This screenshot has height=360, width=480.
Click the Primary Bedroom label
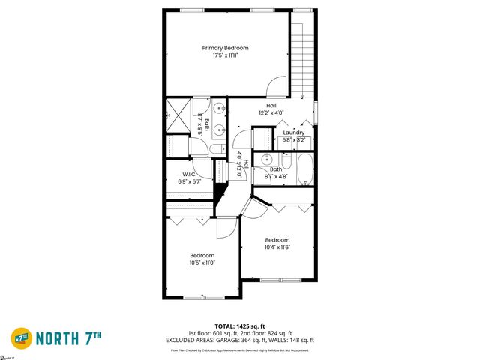click(225, 48)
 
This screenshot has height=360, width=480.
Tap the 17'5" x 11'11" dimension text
click(225, 55)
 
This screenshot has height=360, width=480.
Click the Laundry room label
click(293, 133)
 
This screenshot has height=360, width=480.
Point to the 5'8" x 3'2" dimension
click(293, 139)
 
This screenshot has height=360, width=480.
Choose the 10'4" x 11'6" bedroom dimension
click(277, 247)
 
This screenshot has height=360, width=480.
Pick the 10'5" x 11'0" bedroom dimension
click(202, 262)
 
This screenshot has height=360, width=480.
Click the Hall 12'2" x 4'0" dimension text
click(271, 112)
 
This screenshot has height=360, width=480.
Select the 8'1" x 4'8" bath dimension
click(277, 177)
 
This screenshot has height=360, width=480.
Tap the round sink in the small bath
click(266, 159)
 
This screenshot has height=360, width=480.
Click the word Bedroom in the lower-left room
click(202, 255)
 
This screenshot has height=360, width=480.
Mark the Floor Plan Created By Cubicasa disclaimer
click(240, 349)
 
